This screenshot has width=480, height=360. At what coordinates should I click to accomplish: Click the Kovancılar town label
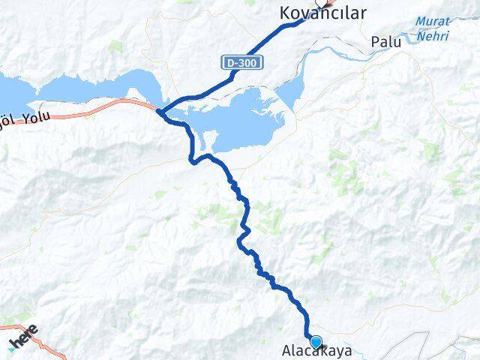tap(322, 13)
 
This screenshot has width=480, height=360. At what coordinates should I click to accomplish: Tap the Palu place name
tap(385, 42)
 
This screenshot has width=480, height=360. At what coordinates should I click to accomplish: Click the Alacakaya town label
tap(316, 350)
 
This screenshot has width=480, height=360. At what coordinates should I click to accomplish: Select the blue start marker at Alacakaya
tap(316, 342)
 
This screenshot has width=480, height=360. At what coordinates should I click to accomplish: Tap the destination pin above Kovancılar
tap(318, 2)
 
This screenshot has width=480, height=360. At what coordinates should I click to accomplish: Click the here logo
tap(24, 338)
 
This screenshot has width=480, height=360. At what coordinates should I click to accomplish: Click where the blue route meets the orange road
tap(160, 112)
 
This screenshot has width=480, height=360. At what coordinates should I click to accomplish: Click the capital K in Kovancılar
tap(284, 13)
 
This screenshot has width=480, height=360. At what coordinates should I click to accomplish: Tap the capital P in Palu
tap(375, 42)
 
